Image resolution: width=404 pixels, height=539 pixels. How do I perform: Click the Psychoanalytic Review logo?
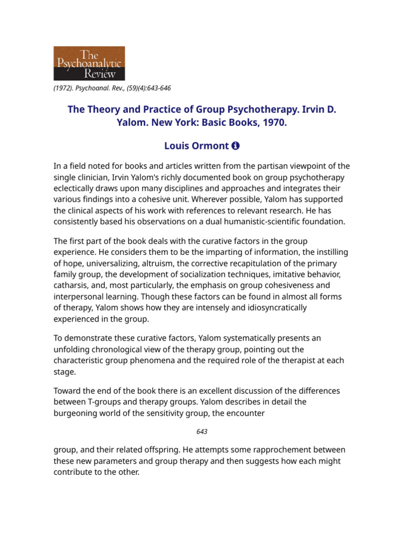89,63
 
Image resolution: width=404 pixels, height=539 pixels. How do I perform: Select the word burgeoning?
78,412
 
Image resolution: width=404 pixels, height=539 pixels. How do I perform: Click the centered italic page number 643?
201,432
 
